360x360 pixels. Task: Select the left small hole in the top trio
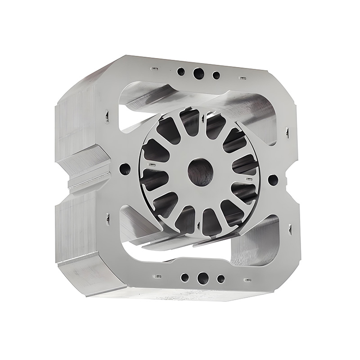tap(181, 72)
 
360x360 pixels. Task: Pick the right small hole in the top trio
tap(216, 75)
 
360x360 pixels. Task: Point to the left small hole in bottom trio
tap(184, 277)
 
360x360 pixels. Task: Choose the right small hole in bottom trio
tap(220, 279)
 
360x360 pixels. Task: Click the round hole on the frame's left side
tap(125, 169)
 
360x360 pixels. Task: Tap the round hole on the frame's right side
tap(273, 180)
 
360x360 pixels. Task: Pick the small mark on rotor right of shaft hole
tap(247, 179)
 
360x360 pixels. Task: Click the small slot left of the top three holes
tap(154, 69)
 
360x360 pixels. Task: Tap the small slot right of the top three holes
tap(243, 78)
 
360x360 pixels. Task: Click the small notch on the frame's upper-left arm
tap(107, 117)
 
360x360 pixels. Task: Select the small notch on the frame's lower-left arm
tap(108, 219)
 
